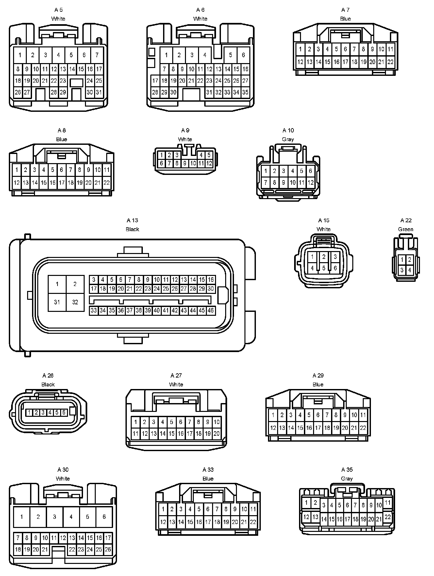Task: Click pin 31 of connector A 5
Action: [99, 92]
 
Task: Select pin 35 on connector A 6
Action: [245, 92]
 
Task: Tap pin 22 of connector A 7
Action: [390, 62]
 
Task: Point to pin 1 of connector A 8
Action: [17, 170]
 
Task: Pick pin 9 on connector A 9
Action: [185, 163]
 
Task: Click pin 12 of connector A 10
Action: [310, 182]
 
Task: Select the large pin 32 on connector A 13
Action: [75, 302]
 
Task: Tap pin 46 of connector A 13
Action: [211, 310]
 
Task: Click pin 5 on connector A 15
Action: [324, 268]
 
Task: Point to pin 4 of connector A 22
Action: [409, 270]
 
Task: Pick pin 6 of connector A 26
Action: [64, 413]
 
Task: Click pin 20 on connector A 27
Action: [216, 434]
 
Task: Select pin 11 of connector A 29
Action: [363, 415]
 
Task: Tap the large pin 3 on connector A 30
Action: [55, 517]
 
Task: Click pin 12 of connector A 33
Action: [163, 522]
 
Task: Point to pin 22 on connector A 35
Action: [388, 517]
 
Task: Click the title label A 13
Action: [132, 220]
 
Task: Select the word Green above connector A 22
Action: [406, 229]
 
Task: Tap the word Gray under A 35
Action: [347, 479]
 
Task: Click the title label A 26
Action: [48, 376]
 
